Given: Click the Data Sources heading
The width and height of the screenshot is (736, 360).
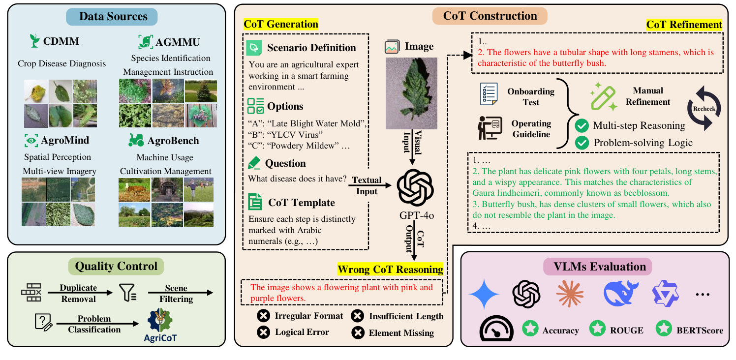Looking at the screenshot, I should [x=113, y=16].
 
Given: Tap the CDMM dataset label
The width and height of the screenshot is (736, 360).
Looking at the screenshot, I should [x=61, y=42].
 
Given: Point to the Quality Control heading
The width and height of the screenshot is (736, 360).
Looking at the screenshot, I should [x=116, y=267].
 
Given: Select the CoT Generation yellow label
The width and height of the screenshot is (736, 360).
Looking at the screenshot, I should [x=281, y=24].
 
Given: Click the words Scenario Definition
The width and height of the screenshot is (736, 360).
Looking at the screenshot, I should [x=311, y=48].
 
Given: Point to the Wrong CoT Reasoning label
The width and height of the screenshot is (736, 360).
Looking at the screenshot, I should [x=390, y=269].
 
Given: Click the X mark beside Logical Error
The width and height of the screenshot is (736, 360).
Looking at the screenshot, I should [x=264, y=332].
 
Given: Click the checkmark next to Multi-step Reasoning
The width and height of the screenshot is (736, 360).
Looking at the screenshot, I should [x=583, y=126].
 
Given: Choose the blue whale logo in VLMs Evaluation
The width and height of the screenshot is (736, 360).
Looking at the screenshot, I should [x=621, y=294].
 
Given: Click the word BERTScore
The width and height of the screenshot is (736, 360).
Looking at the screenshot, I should [x=699, y=330].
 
